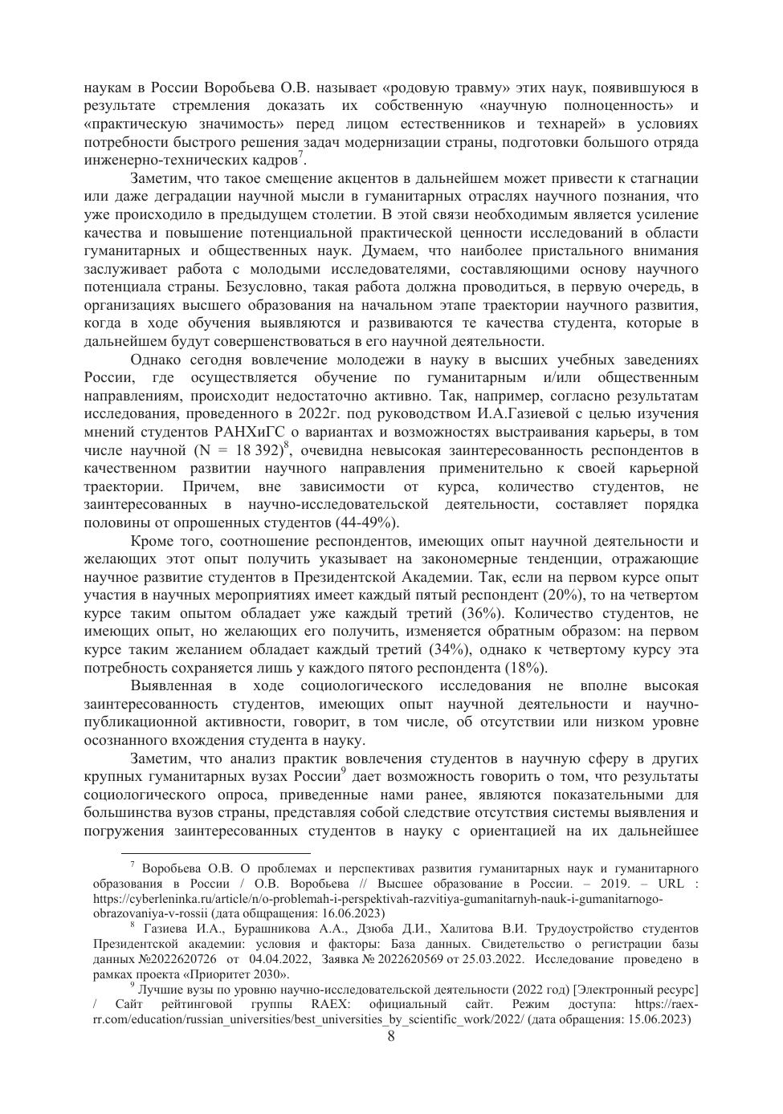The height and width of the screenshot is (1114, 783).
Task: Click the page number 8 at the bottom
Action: (391, 1035)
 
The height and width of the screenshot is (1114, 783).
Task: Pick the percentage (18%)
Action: (525, 668)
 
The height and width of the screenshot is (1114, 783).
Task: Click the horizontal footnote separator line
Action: (215, 852)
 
